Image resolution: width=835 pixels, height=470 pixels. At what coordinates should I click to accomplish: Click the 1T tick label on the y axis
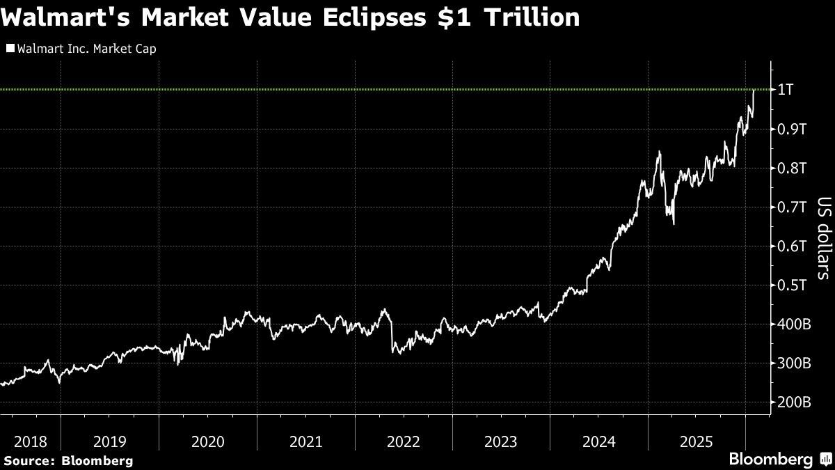coord(786,90)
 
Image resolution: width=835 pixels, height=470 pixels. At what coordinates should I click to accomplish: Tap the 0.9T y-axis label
coord(792,129)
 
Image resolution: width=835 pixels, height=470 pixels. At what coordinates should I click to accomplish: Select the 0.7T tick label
coord(792,207)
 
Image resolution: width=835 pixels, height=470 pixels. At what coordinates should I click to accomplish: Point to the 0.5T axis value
coord(792,285)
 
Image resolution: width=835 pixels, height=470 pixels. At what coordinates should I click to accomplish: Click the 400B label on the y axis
coord(794,324)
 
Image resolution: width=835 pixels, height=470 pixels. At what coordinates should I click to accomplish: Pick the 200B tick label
coord(794,402)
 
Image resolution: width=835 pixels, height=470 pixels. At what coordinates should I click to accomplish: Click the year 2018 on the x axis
coord(30,441)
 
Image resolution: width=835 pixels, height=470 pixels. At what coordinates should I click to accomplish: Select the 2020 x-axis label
coord(207,441)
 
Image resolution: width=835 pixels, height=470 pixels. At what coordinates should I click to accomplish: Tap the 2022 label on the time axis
coord(403,441)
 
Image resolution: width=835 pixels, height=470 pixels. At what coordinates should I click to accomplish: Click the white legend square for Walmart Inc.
coord(10,49)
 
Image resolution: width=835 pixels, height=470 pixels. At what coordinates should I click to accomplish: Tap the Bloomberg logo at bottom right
coord(779,460)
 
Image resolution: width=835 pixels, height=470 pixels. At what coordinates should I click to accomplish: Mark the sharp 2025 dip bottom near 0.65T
coord(674,224)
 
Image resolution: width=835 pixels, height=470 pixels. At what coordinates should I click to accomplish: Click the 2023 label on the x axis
coord(500,441)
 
